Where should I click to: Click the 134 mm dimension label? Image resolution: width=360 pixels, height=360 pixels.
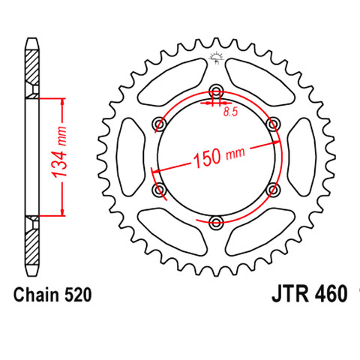pos(60,152)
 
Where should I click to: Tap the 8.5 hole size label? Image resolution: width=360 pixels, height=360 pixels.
pos(230,112)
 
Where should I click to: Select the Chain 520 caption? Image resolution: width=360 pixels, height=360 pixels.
pos(52,295)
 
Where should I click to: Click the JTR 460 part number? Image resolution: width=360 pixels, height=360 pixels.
pos(310,294)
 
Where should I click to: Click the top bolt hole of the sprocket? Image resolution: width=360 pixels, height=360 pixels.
pos(216,91)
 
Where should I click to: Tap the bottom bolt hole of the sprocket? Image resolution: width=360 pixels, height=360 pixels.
pos(216,223)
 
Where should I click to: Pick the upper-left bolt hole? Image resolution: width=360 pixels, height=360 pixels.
pos(159,124)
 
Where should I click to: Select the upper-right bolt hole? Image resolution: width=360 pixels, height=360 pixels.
pos(273,124)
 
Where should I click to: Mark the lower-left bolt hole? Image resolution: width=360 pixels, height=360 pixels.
pos(159,190)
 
